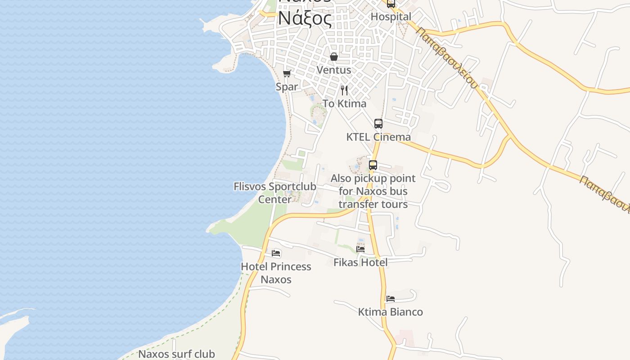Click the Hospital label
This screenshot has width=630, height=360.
[391, 17]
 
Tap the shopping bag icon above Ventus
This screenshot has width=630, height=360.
[334, 57]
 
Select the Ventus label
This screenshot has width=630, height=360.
[334, 70]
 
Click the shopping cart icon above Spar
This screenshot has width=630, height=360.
[287, 73]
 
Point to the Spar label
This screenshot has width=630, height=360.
[287, 86]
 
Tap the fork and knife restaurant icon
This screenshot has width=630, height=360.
[344, 90]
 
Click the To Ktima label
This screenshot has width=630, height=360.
[344, 103]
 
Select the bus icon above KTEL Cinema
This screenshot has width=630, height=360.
[378, 124]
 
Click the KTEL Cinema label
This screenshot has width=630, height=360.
[378, 137]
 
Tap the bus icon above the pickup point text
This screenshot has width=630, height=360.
[373, 165]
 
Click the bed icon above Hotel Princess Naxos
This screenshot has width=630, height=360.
[276, 253]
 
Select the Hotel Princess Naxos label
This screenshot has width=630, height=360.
[276, 273]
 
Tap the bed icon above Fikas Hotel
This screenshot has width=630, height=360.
[360, 249]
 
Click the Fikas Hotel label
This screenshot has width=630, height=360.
[360, 262]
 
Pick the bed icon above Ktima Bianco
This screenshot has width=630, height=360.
[391, 299]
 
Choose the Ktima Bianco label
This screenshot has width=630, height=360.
[391, 312]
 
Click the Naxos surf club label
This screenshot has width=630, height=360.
[176, 354]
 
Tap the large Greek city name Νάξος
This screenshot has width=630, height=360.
[305, 18]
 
